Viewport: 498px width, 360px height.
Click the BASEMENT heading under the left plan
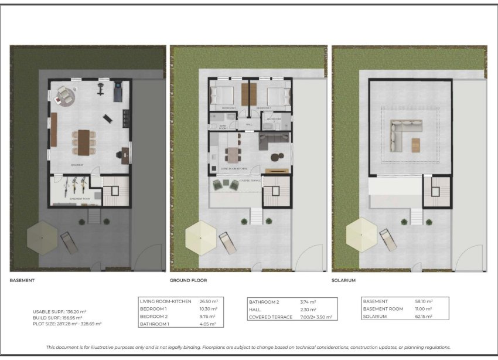click(22, 281)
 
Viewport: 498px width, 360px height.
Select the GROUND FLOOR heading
click(188, 281)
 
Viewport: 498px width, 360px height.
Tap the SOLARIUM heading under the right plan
click(344, 281)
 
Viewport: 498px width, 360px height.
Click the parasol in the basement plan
click(42, 236)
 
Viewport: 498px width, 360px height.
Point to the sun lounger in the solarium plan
click(388, 239)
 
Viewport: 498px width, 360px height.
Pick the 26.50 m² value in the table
click(209, 301)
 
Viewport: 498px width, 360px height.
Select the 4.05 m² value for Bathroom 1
click(209, 324)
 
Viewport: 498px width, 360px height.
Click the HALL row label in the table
click(255, 309)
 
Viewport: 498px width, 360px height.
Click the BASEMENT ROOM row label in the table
click(383, 309)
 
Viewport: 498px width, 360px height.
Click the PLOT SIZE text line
click(67, 324)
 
